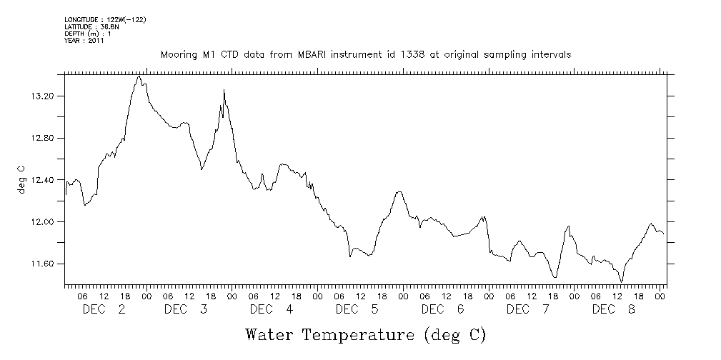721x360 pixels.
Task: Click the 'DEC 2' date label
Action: point(104,309)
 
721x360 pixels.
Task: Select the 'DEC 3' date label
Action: point(186,309)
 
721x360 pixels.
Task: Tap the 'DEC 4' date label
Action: point(272,309)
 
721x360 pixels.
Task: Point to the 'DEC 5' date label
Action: point(357,309)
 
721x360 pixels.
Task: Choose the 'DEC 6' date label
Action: point(443,309)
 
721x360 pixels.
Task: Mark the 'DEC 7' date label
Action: point(527,309)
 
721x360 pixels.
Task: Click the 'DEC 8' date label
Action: point(613,309)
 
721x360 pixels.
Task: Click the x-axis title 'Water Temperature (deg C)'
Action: point(365,334)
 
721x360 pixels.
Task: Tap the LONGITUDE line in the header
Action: point(105,19)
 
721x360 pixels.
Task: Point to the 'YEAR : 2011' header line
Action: point(84,41)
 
